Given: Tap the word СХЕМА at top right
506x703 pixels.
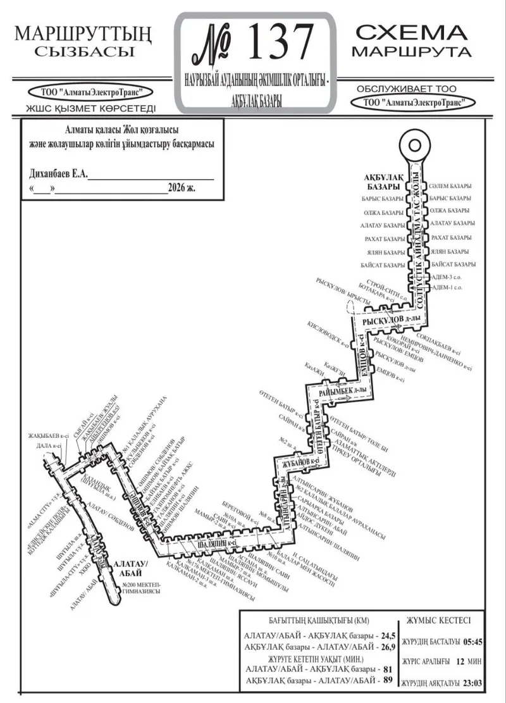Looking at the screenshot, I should pyautogui.click(x=411, y=32).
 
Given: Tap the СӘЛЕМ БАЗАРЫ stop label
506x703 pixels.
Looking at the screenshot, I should pyautogui.click(x=450, y=187).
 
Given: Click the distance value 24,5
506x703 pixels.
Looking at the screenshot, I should pyautogui.click(x=388, y=635).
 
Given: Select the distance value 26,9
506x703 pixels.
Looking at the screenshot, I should pyautogui.click(x=388, y=647).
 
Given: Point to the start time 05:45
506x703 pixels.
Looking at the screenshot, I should pyautogui.click(x=472, y=641).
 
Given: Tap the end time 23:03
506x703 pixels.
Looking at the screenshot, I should pyautogui.click(x=472, y=681).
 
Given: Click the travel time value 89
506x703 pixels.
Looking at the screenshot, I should pyautogui.click(x=388, y=680).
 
